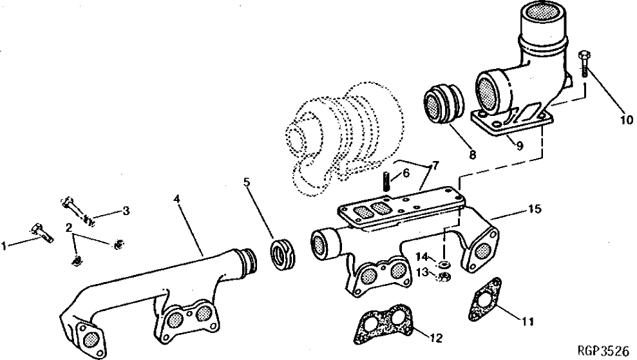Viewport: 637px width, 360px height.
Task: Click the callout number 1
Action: [x=5, y=245]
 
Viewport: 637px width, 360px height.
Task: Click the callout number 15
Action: [x=534, y=209]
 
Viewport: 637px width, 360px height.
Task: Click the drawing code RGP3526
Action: [x=603, y=352]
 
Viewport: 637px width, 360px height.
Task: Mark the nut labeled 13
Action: [x=443, y=278]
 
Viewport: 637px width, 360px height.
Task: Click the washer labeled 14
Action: [x=444, y=264]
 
